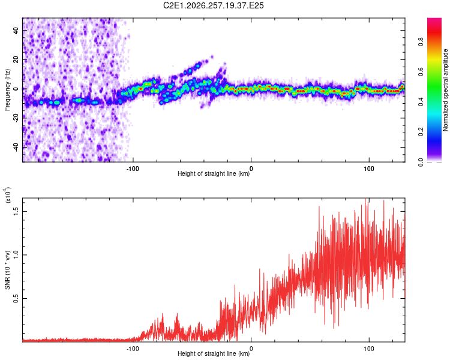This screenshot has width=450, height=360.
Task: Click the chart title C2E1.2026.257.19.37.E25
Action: coord(213,5)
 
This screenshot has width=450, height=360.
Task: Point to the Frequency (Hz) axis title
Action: coord(7,90)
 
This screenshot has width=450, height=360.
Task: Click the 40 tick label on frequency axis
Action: coord(16,31)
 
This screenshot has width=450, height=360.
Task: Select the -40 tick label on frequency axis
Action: coord(16,148)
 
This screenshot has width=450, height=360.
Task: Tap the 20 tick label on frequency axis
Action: coord(16,60)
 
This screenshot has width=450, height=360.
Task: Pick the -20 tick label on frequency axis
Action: coord(16,118)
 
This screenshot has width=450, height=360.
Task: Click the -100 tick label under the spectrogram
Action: coord(133,169)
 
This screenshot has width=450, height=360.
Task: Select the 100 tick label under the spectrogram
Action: coord(369,169)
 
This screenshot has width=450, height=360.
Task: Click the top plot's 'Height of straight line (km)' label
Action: coord(214,173)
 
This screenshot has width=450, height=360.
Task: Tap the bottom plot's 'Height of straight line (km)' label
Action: coord(214,353)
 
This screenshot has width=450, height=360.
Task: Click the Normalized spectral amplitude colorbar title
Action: coord(445,90)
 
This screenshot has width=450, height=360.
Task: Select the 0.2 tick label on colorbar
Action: coord(421,132)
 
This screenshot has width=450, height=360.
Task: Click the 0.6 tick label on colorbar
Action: coord(421,72)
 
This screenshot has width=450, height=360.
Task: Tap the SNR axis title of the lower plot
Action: coord(7,270)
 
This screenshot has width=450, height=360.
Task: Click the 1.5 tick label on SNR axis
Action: coord(16,211)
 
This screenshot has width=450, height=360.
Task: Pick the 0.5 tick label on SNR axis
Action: coord(16,299)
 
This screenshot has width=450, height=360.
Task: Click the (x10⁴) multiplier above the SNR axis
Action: coord(8,195)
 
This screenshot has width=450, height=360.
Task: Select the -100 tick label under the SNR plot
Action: coord(133,349)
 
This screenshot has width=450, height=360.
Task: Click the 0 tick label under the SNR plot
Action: coord(251,349)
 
